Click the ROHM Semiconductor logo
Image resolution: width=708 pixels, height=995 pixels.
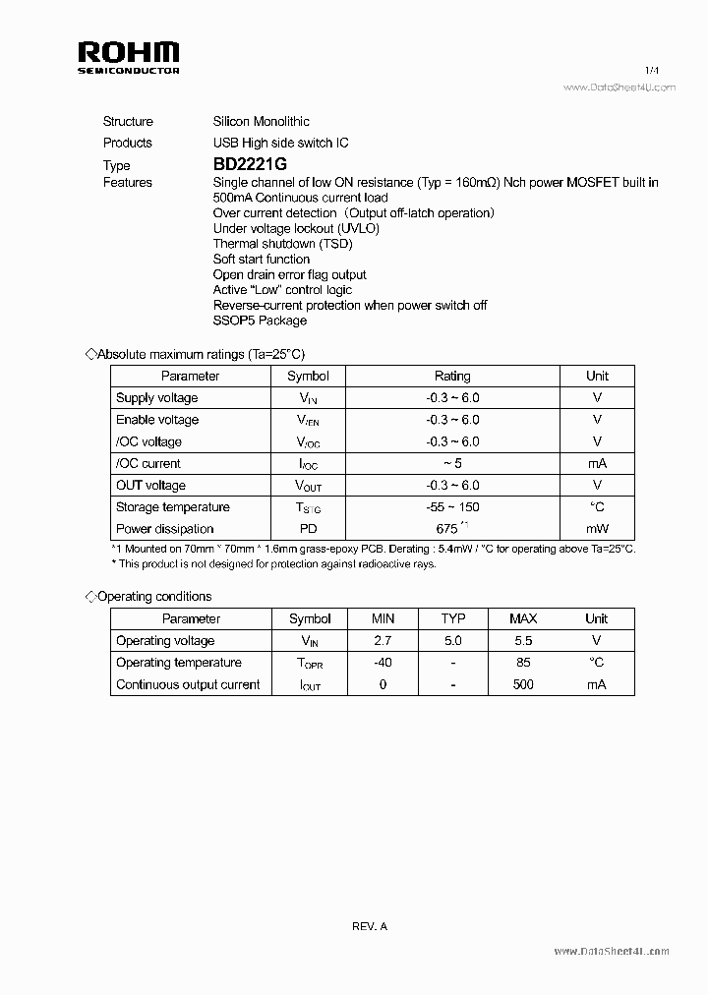[128, 58]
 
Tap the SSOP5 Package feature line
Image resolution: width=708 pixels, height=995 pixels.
[260, 321]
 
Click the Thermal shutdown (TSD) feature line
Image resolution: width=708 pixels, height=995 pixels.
[282, 244]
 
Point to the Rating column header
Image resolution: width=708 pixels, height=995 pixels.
[452, 376]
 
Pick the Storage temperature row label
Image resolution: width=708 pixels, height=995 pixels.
[172, 507]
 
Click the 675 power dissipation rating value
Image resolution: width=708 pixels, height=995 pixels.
[447, 529]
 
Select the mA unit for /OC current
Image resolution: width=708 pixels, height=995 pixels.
[597, 463]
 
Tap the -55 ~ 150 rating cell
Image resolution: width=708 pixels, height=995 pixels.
[452, 507]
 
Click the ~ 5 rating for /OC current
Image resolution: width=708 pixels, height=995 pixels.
[452, 463]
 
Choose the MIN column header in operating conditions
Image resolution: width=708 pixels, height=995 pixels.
[383, 618]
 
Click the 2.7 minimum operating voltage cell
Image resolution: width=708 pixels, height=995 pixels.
[383, 641]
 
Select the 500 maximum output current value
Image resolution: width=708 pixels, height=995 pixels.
[523, 684]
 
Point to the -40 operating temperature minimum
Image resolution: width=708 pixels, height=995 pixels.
[383, 663]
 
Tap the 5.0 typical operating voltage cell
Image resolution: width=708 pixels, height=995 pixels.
[452, 641]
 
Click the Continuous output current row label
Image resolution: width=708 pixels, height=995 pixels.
[188, 684]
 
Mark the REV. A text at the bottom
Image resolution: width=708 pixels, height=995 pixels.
[370, 926]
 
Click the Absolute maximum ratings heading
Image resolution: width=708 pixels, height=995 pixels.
[207, 354]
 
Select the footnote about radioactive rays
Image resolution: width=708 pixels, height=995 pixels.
[274, 564]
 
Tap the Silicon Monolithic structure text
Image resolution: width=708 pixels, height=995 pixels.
[262, 122]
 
